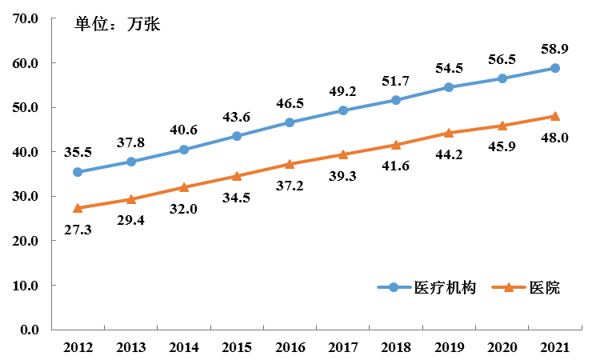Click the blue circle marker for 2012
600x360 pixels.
pyautogui.click(x=78, y=172)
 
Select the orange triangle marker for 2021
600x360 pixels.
pyautogui.click(x=555, y=116)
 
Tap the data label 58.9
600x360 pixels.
pyautogui.click(x=555, y=49)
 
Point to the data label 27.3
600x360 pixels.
pyautogui.click(x=78, y=230)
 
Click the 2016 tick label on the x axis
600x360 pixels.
pyautogui.click(x=290, y=347)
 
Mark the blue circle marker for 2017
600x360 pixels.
pyautogui.click(x=343, y=110)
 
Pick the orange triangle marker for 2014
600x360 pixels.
pyautogui.click(x=184, y=187)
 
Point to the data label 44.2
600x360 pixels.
pyautogui.click(x=449, y=154)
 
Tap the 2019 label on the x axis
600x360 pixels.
pyautogui.click(x=449, y=347)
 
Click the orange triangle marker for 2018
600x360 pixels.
pyautogui.click(x=396, y=145)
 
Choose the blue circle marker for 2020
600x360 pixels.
pyautogui.click(x=502, y=78)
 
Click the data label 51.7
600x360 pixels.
pyautogui.click(x=396, y=81)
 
